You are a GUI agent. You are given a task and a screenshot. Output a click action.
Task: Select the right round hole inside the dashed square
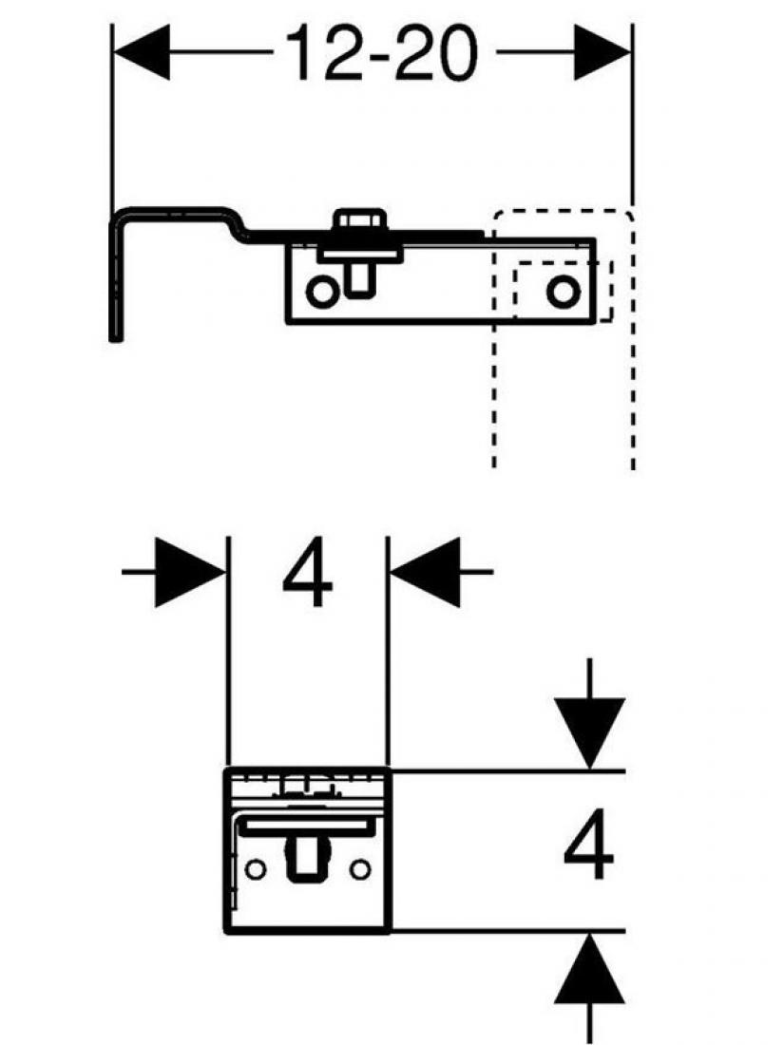(x=563, y=292)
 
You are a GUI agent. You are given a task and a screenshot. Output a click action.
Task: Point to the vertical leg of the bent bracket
(x=115, y=285)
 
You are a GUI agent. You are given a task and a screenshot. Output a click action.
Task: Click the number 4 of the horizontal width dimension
(x=307, y=577)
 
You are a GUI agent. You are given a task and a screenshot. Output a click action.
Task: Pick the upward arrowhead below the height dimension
(x=591, y=969)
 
